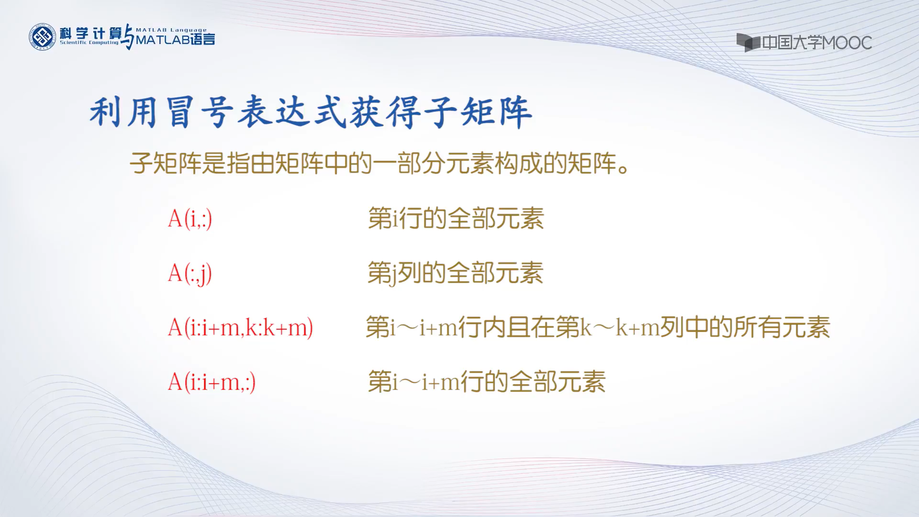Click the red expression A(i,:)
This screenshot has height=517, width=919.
[x=190, y=219]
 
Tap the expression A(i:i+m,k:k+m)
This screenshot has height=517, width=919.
[x=240, y=328]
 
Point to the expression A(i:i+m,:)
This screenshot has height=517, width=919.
[x=212, y=382]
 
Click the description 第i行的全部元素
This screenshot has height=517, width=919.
[x=456, y=219]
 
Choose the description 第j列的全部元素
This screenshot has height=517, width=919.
[x=455, y=274]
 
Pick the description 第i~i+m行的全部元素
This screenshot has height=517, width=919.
[x=486, y=382]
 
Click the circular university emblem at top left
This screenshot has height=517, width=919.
[x=43, y=37]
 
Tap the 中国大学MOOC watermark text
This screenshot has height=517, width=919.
[x=817, y=43]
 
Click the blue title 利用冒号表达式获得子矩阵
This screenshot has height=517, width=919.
[x=311, y=113]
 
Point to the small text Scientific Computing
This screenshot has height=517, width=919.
[x=89, y=43]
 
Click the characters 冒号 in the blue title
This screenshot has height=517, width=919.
[x=200, y=113]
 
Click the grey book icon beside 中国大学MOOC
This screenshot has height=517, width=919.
[x=748, y=42]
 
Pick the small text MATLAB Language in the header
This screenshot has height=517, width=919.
[x=171, y=30]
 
